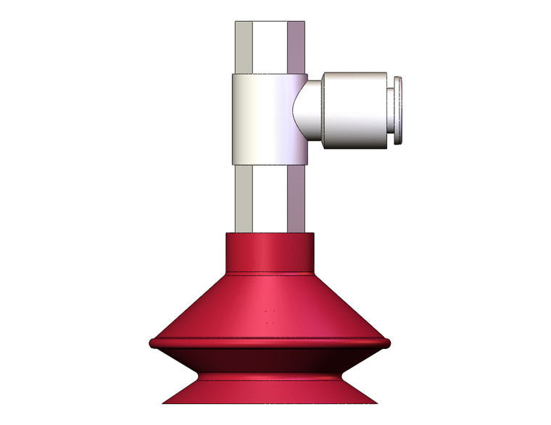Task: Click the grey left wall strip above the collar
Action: pos(243,47)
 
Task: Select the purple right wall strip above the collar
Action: pos(298,47)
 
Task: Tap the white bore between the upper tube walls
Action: pos(270,47)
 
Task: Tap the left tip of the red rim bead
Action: pos(150,342)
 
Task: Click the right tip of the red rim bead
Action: pos(389,342)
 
